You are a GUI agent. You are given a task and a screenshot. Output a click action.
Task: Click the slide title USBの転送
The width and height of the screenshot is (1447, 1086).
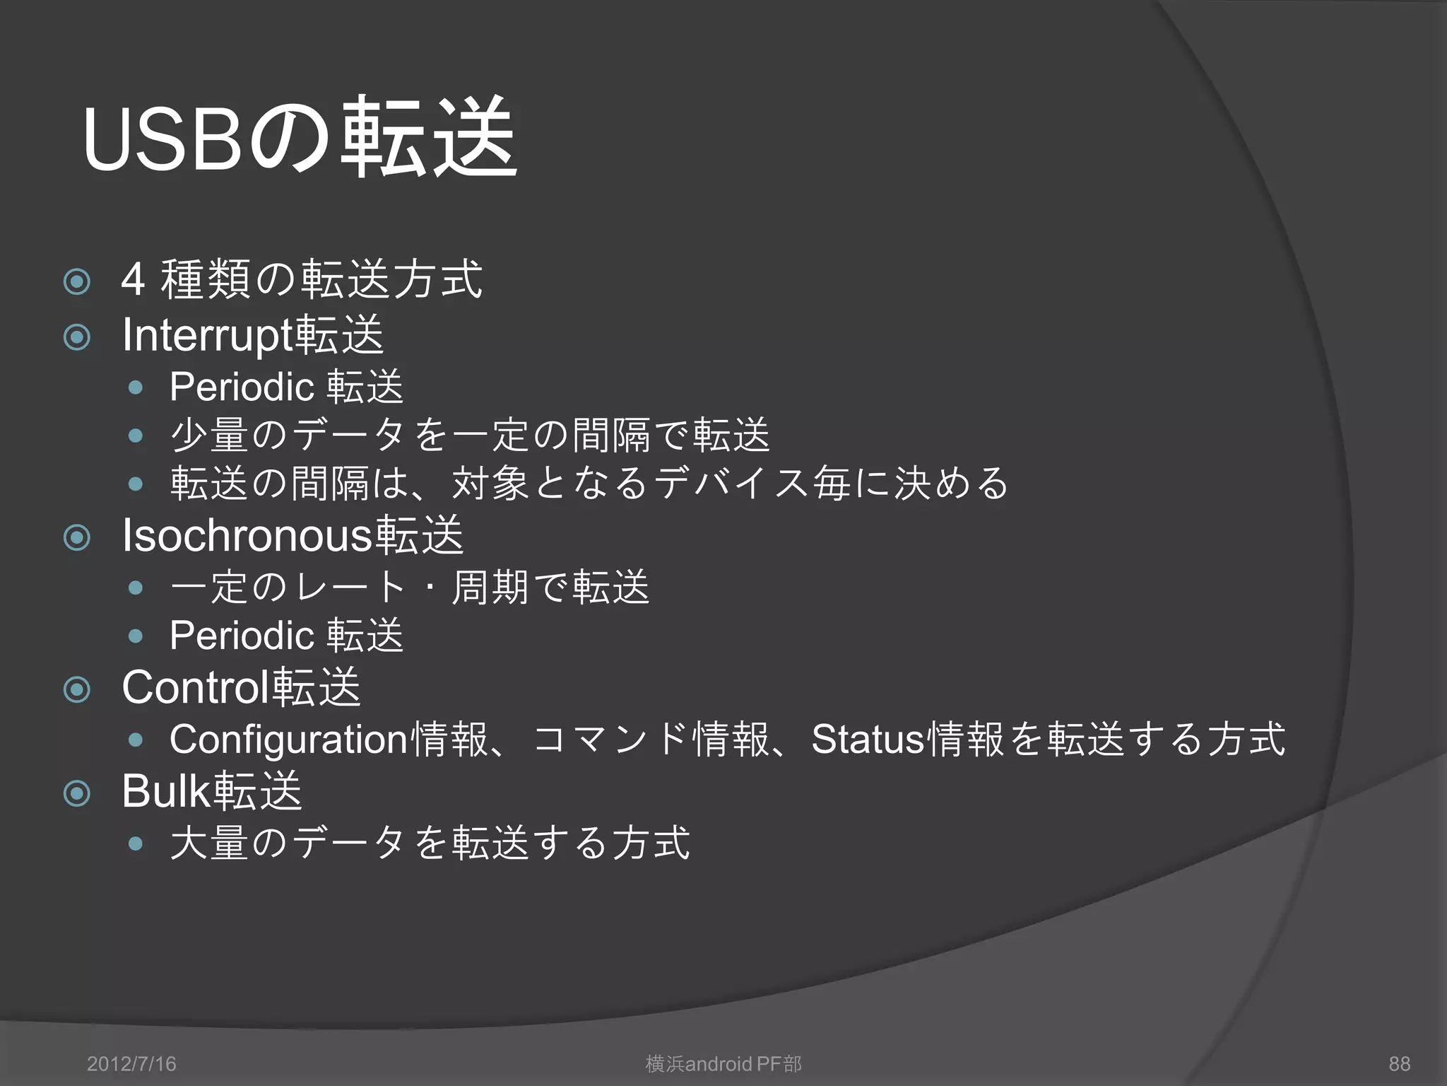pos(300,138)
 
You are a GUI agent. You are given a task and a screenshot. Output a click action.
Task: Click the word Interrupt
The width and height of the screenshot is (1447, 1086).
pos(207,335)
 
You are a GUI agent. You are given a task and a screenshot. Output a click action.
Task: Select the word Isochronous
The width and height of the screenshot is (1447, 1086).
pos(247,535)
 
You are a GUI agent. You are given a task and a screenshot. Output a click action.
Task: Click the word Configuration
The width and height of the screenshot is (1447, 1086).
pos(288,739)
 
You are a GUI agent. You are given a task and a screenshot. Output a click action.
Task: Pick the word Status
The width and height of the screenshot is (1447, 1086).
pos(868,739)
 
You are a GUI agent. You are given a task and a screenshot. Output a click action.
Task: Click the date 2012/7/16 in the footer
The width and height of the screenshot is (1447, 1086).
pos(131,1063)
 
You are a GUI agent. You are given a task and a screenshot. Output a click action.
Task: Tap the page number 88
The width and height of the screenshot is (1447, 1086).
pos(1399,1063)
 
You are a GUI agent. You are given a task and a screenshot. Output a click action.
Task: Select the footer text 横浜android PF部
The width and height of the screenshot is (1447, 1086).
pos(723,1063)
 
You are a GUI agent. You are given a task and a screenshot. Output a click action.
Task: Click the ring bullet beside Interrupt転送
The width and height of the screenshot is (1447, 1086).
pos(77,337)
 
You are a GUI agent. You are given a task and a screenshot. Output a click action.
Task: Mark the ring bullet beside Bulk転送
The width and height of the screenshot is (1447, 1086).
pos(77,793)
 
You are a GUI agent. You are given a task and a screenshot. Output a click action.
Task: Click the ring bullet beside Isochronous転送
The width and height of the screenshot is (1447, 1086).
pos(77,538)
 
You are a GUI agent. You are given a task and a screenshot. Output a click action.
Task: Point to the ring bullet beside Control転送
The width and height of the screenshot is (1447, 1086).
pos(77,689)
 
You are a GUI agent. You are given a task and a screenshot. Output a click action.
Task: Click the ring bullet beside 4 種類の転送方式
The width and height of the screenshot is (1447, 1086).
pos(77,282)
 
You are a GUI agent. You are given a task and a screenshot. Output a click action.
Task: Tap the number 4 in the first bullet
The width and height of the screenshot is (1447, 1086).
pos(133,279)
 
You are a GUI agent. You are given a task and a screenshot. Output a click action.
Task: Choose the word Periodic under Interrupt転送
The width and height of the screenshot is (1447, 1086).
pos(242,387)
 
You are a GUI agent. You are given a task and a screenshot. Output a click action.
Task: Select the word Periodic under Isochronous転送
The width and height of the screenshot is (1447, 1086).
pos(242,635)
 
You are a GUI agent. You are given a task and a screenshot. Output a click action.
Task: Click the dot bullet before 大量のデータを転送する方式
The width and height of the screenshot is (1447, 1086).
pos(136,843)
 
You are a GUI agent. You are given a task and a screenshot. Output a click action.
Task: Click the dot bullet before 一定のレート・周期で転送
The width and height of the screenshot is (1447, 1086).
pos(136,588)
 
